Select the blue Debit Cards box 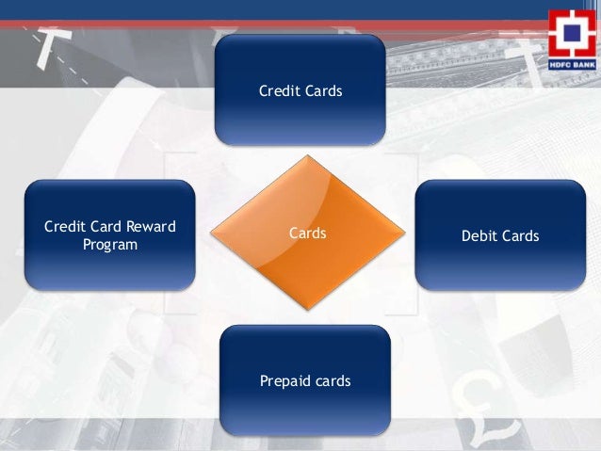click(500, 234)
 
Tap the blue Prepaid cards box click(304, 381)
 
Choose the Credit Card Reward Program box click(109, 234)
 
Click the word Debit click(479, 235)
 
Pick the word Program click(109, 245)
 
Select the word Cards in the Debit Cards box click(521, 235)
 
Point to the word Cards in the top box click(322, 91)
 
